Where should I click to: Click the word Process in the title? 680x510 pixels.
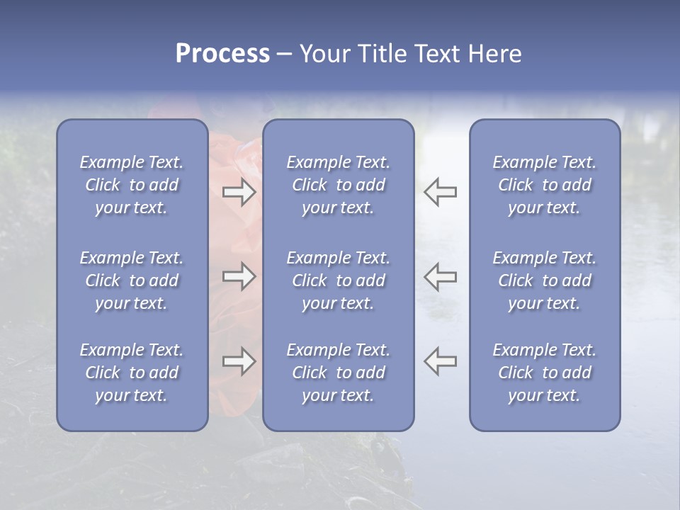coord(222,54)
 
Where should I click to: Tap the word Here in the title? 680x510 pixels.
coord(494,54)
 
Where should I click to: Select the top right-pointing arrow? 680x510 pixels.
coord(239,192)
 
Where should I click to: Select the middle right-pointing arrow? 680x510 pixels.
coord(239,276)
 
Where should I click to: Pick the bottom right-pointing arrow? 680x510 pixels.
coord(239,361)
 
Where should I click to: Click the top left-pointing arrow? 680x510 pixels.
coord(441,192)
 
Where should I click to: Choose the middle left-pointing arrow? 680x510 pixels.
coord(441,276)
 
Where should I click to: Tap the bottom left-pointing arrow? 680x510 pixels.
coord(441,361)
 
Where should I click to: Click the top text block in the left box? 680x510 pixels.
coord(132,185)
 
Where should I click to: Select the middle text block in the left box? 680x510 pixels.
coord(132,280)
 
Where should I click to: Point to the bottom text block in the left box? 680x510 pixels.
coord(132,373)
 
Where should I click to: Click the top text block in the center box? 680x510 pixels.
coord(338,185)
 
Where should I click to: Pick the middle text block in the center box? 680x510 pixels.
coord(338,280)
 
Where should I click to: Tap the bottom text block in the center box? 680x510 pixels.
coord(338,373)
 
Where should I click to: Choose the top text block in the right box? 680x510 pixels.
coord(544,185)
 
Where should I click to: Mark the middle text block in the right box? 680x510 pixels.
coord(544,280)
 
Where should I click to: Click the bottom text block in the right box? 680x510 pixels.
coord(544,373)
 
